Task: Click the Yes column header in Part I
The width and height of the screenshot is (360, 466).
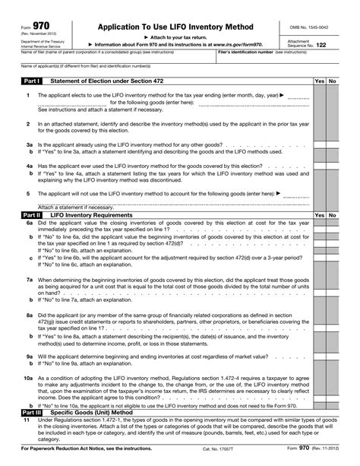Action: click(319, 81)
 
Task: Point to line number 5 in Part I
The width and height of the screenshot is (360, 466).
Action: click(28, 193)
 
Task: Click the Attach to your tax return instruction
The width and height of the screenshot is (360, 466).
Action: click(170, 36)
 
